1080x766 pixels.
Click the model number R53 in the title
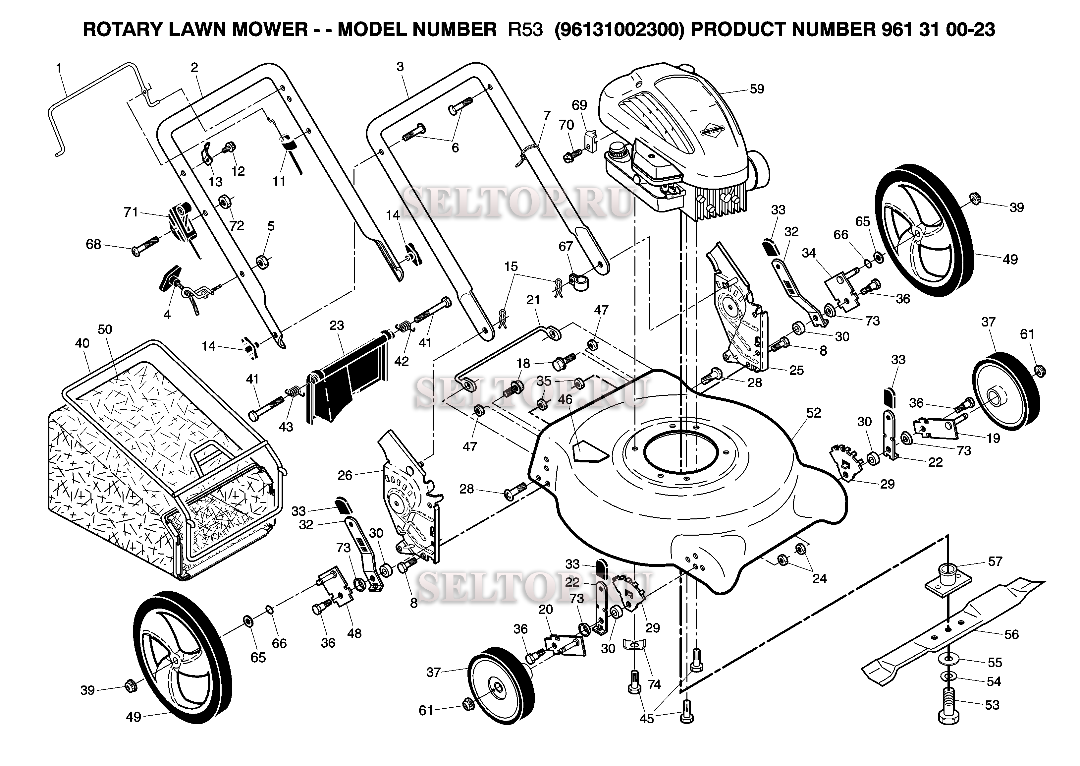[x=525, y=30]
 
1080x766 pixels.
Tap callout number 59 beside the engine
[x=757, y=89]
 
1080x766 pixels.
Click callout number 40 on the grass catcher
[x=82, y=343]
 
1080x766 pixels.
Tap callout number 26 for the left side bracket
[x=345, y=475]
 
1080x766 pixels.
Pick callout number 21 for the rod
[x=533, y=300]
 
